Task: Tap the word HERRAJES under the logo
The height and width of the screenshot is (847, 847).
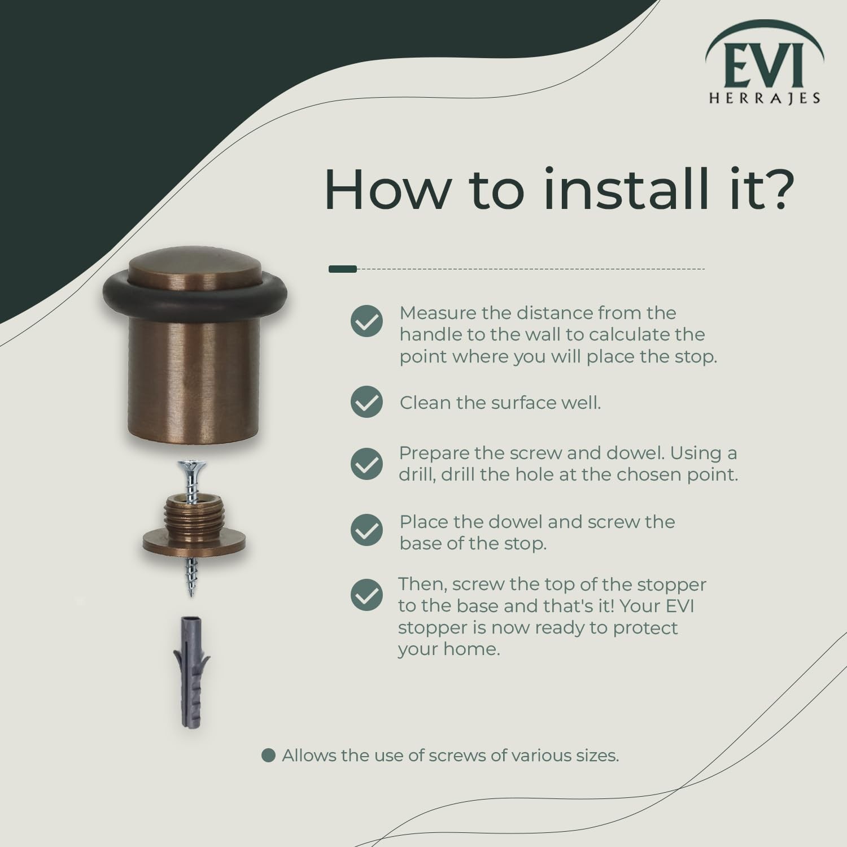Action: (765, 98)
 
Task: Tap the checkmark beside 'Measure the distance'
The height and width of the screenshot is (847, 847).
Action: (366, 321)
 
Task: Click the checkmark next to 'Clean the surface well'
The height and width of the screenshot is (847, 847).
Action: (366, 402)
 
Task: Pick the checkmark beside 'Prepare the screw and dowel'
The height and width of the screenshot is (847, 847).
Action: (366, 464)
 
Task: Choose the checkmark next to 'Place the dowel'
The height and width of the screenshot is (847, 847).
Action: (366, 530)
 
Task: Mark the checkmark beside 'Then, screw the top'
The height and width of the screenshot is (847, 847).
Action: (366, 595)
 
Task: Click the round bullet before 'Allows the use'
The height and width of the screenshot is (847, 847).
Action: (269, 756)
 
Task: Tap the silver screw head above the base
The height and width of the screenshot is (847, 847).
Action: (191, 466)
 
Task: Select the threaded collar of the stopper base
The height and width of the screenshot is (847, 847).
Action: (194, 511)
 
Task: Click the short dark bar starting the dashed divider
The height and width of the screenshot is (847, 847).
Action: (343, 269)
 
